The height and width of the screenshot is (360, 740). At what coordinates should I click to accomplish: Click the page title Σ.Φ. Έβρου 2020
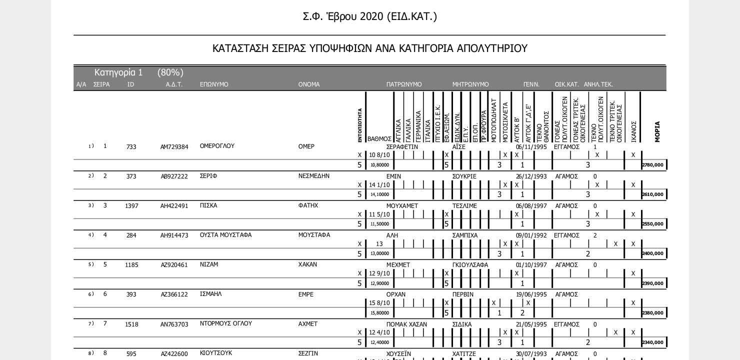(x=369, y=16)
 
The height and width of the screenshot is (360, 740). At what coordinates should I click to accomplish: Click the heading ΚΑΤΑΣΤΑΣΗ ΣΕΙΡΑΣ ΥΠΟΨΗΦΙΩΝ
(x=369, y=48)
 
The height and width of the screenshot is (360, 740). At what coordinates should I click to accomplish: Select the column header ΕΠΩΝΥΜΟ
(x=214, y=84)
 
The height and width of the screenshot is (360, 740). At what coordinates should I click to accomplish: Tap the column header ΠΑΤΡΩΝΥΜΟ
(x=404, y=84)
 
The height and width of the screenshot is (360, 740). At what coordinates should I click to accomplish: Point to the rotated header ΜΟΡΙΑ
(x=657, y=132)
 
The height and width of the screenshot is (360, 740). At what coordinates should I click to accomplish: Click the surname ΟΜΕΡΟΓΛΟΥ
(x=217, y=146)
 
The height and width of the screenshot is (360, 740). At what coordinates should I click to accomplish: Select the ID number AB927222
(x=174, y=176)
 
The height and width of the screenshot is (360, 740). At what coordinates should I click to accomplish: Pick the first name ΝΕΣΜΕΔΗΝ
(x=313, y=176)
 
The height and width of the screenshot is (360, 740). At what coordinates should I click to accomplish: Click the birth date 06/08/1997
(x=531, y=206)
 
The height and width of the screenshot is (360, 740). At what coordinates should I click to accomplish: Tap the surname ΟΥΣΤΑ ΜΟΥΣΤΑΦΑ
(x=225, y=235)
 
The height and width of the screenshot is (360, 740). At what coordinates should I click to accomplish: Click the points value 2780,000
(x=653, y=165)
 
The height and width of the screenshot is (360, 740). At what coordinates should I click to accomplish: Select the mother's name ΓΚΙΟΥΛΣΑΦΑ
(x=470, y=265)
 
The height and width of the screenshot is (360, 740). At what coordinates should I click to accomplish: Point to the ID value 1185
(x=131, y=265)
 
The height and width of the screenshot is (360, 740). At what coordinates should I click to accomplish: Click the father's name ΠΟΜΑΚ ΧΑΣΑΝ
(x=406, y=324)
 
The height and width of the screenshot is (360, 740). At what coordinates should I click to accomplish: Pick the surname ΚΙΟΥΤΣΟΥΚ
(x=216, y=353)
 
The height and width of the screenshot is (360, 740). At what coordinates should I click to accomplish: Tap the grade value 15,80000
(x=379, y=313)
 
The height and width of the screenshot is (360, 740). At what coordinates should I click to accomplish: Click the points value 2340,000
(x=653, y=342)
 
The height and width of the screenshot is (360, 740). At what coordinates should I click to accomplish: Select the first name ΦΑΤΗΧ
(x=308, y=205)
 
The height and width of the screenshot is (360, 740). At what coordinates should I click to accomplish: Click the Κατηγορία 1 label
(x=118, y=72)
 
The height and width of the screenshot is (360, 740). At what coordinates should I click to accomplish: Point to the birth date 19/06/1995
(x=531, y=294)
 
